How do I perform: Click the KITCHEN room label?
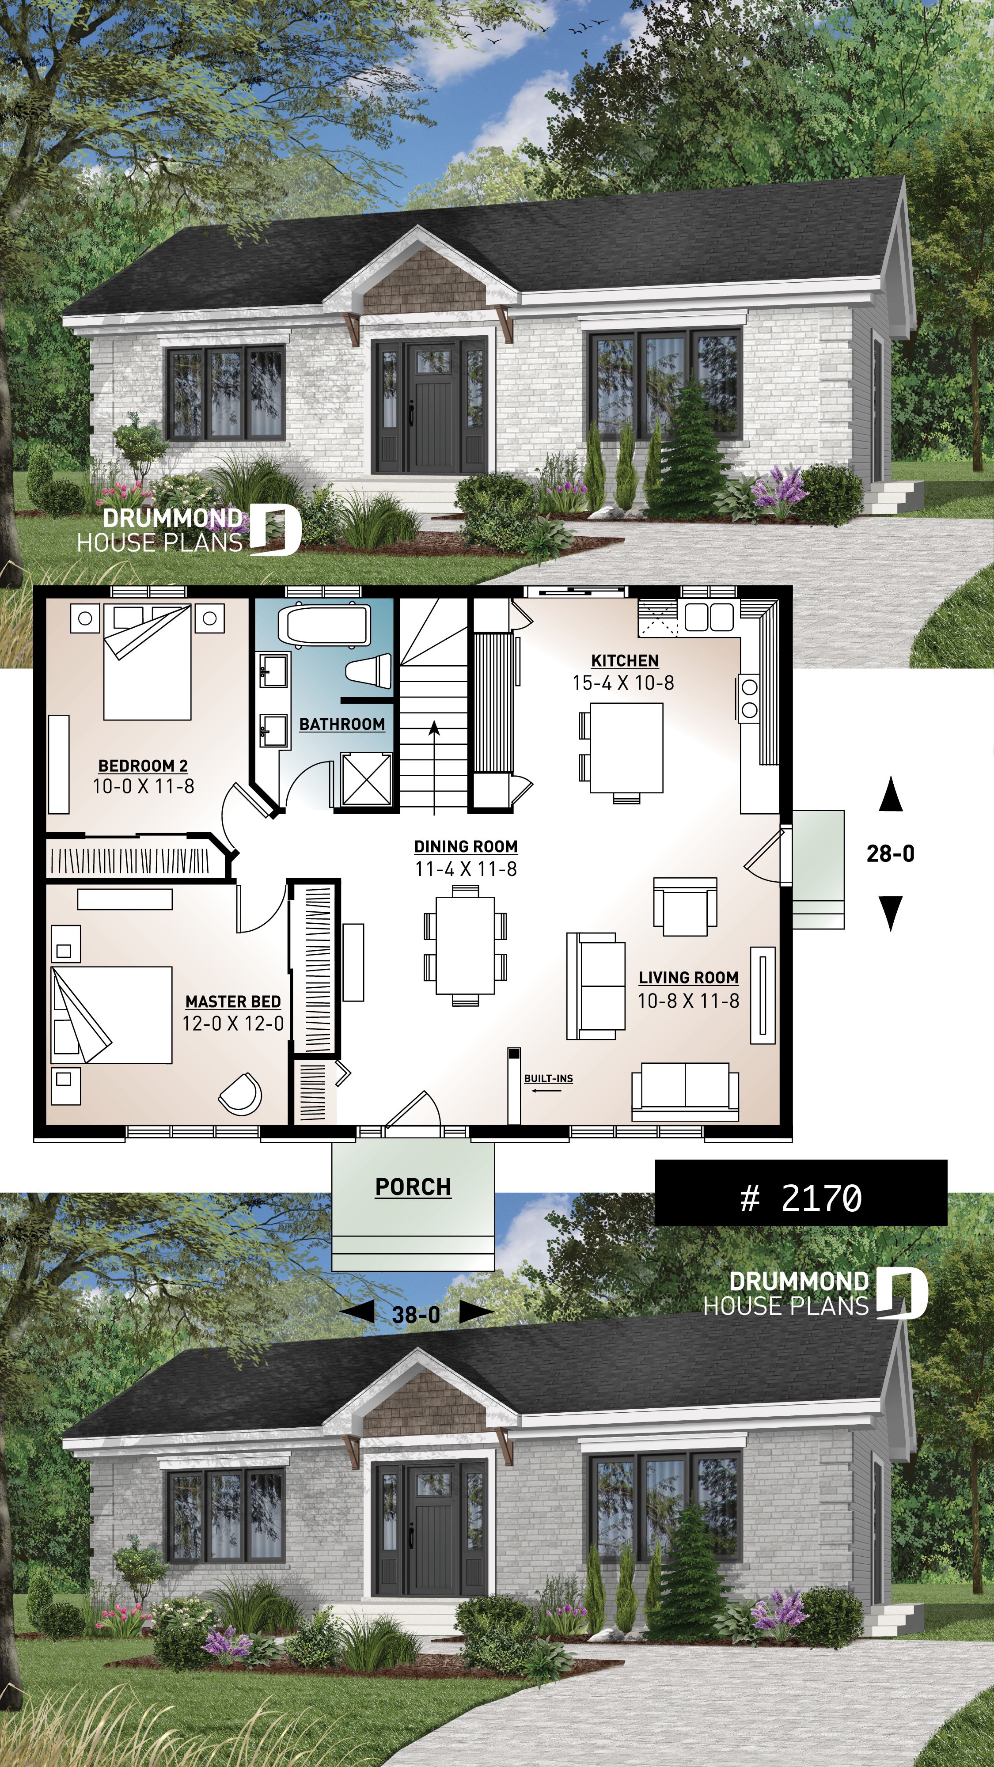(x=624, y=660)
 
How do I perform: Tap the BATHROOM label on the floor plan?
(x=341, y=724)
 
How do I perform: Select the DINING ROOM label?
(x=466, y=846)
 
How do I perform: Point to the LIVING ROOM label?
(x=688, y=978)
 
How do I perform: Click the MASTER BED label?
(x=232, y=1001)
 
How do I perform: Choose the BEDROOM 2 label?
(x=143, y=766)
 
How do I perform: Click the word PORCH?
(x=413, y=1187)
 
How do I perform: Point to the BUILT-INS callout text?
(x=548, y=1078)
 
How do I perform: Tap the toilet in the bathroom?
(x=369, y=670)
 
